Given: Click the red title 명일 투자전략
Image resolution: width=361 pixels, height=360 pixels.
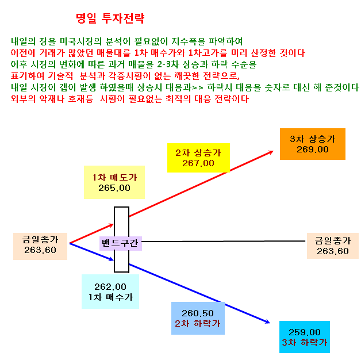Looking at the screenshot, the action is [110, 18].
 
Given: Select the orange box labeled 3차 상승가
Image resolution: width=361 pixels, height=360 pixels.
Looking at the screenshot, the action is [312, 144].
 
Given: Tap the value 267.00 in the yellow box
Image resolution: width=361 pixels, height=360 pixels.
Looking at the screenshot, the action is [198, 163].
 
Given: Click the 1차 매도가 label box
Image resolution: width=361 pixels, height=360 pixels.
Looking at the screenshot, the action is [114, 182].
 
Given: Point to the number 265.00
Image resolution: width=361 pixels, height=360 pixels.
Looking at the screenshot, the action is [114, 188].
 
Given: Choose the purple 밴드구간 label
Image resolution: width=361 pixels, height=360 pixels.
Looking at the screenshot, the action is [120, 243].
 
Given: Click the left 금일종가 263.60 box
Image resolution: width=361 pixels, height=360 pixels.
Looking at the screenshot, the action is [40, 246].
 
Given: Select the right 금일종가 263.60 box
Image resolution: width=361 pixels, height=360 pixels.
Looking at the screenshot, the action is [333, 246].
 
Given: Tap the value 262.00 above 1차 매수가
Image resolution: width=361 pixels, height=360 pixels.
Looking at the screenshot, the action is [110, 287].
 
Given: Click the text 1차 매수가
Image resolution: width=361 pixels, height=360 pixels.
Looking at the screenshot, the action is [110, 297].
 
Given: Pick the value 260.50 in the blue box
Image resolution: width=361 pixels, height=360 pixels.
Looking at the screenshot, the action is [198, 313].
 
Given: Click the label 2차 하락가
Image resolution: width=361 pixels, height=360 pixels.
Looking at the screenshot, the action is [198, 324].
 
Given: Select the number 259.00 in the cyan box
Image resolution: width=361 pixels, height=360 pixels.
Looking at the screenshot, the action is [305, 332].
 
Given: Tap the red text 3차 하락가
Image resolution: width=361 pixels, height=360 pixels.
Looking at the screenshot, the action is [305, 343].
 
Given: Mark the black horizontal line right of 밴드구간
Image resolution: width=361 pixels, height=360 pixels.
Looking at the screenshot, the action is [224, 242].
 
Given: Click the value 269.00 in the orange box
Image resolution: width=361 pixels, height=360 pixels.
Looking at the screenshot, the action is [312, 150].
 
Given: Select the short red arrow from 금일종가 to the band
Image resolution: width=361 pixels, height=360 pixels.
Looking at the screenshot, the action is [91, 233].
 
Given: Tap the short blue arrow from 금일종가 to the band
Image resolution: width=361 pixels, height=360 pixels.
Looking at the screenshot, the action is [91, 252].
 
